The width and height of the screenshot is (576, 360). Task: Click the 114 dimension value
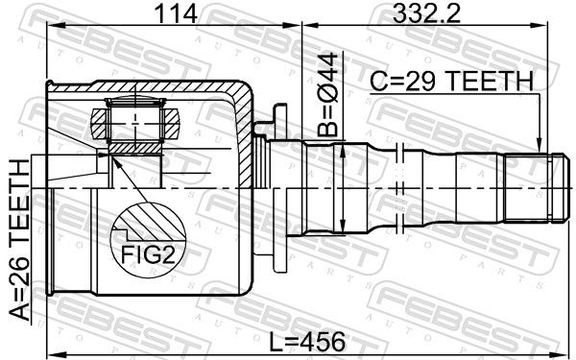176,14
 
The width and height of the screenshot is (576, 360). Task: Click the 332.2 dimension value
426,14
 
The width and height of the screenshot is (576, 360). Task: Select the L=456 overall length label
308,342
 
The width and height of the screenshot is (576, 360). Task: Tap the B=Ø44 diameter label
327,94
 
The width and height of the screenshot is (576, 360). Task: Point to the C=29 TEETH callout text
451,82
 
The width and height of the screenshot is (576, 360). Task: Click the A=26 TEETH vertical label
19,240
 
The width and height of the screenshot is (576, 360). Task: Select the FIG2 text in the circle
148,254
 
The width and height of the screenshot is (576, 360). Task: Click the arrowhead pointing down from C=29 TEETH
539,145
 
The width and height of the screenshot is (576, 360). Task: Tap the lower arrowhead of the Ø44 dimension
343,226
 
